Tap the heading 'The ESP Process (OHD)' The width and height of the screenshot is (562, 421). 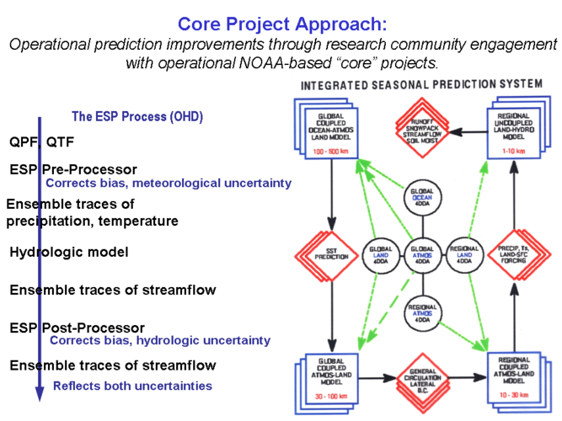pos(136,116)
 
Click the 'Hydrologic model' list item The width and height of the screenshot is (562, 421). pos(69,252)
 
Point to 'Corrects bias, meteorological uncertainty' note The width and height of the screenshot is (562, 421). pos(169,183)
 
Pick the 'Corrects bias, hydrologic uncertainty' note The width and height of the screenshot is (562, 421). pos(160,340)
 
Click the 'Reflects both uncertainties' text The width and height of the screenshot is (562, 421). pos(132,386)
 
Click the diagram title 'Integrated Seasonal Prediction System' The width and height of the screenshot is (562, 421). pos(421,85)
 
